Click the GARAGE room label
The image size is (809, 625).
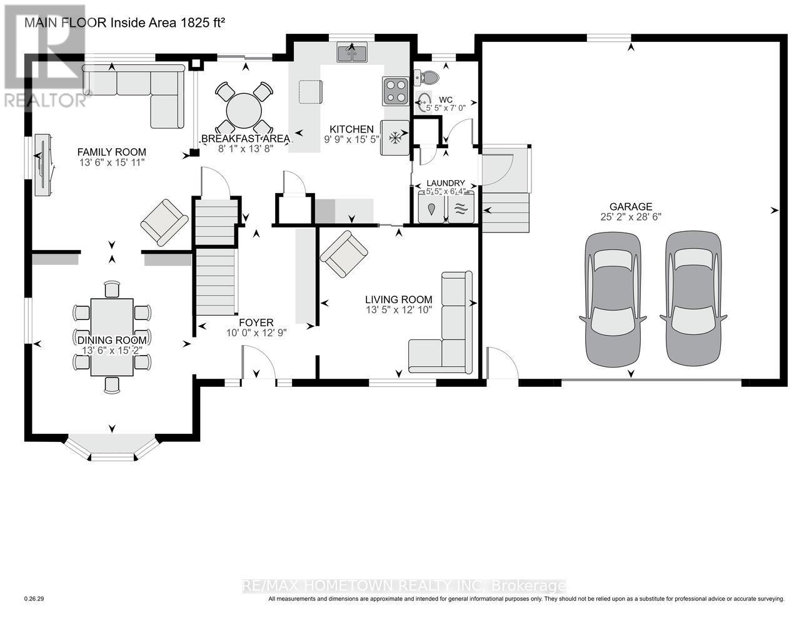[631, 207]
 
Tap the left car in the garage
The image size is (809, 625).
[613, 301]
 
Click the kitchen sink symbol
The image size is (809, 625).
[352, 54]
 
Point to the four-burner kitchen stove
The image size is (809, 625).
[395, 90]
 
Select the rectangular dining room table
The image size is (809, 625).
[112, 337]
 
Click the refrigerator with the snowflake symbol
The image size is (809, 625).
[394, 137]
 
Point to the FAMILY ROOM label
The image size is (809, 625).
[111, 152]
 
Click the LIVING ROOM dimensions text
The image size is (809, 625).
[399, 310]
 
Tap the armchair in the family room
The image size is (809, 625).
[164, 222]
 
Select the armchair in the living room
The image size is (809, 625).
[344, 253]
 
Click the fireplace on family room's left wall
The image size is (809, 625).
[43, 166]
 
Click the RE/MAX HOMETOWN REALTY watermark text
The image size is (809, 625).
[404, 586]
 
